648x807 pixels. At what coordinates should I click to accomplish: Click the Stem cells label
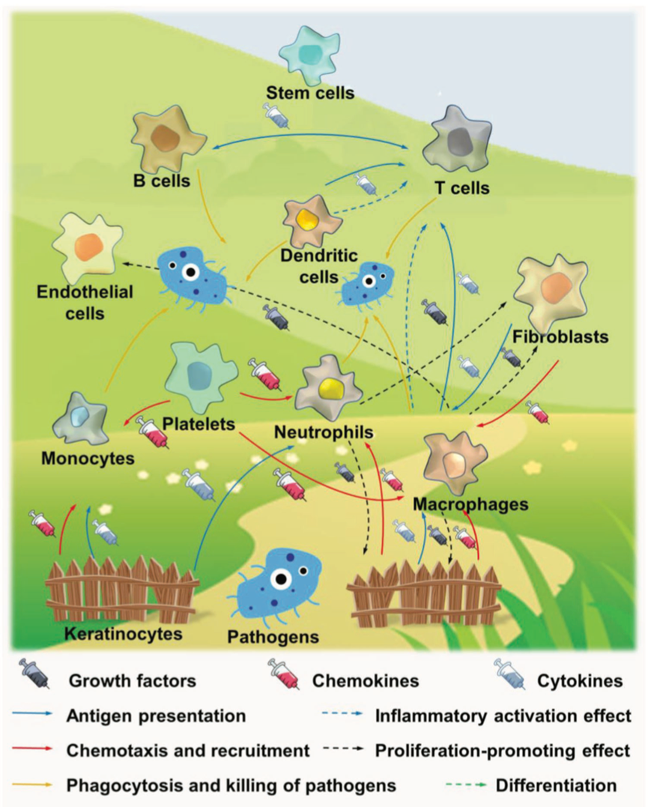310,94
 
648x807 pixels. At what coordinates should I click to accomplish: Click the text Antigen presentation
156,715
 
